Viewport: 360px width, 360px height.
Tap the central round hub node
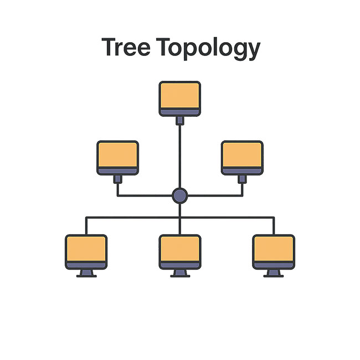tap(180, 195)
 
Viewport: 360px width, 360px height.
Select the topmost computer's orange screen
tap(180, 96)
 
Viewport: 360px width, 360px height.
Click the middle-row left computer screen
tap(117, 155)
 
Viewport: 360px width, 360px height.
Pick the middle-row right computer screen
tap(242, 155)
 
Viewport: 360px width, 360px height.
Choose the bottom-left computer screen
tap(86, 249)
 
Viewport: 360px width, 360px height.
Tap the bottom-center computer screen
tap(180, 249)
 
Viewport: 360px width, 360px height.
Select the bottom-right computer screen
tap(274, 249)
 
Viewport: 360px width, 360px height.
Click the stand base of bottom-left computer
tap(86, 275)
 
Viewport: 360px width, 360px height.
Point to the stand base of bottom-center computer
tap(180, 275)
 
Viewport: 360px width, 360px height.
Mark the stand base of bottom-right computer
tap(274, 275)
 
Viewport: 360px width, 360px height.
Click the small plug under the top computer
tap(180, 120)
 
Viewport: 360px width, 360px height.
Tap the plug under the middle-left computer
tap(117, 179)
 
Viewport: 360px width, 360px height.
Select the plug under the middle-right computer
tap(242, 179)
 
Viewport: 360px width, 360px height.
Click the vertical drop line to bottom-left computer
tap(86, 225)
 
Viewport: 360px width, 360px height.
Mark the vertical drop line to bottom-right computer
tap(274, 225)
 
